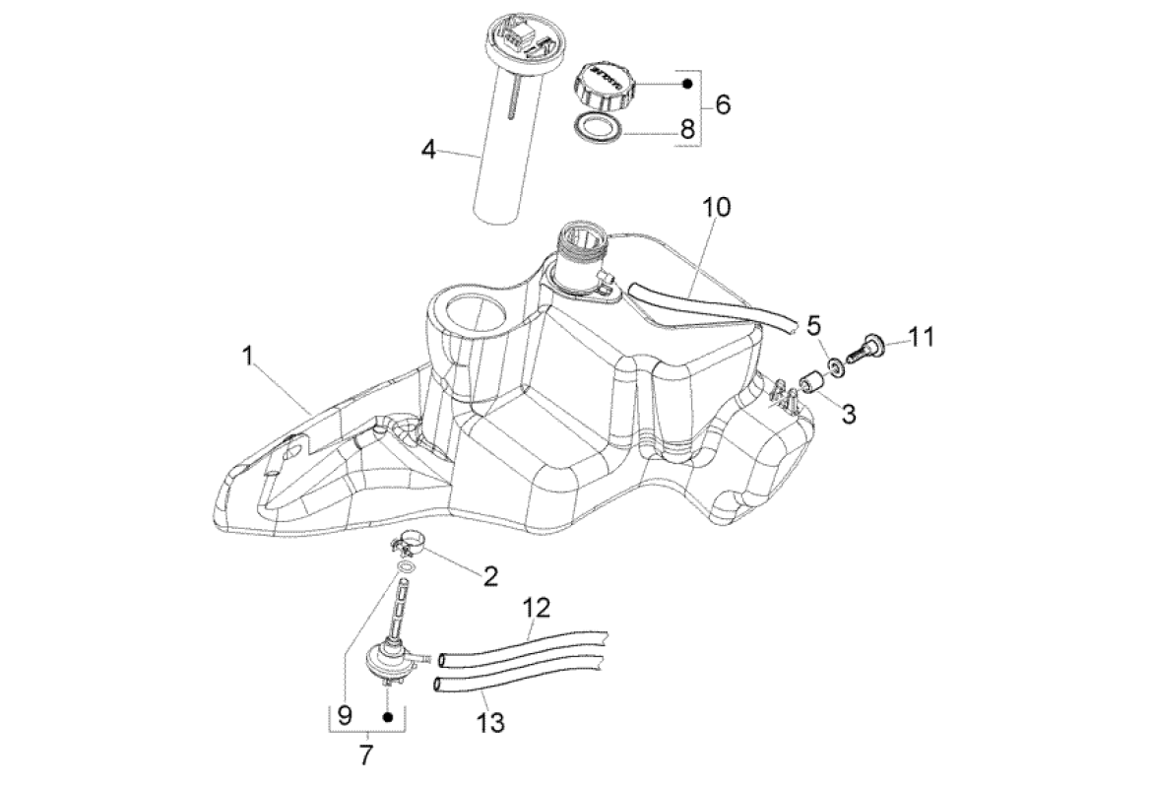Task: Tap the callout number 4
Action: pyautogui.click(x=427, y=151)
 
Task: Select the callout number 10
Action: pyautogui.click(x=716, y=208)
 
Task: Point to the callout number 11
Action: pyautogui.click(x=920, y=337)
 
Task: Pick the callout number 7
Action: pyautogui.click(x=366, y=756)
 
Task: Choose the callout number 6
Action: pyautogui.click(x=723, y=103)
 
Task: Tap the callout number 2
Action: pyautogui.click(x=489, y=576)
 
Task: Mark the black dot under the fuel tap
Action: pyautogui.click(x=388, y=717)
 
